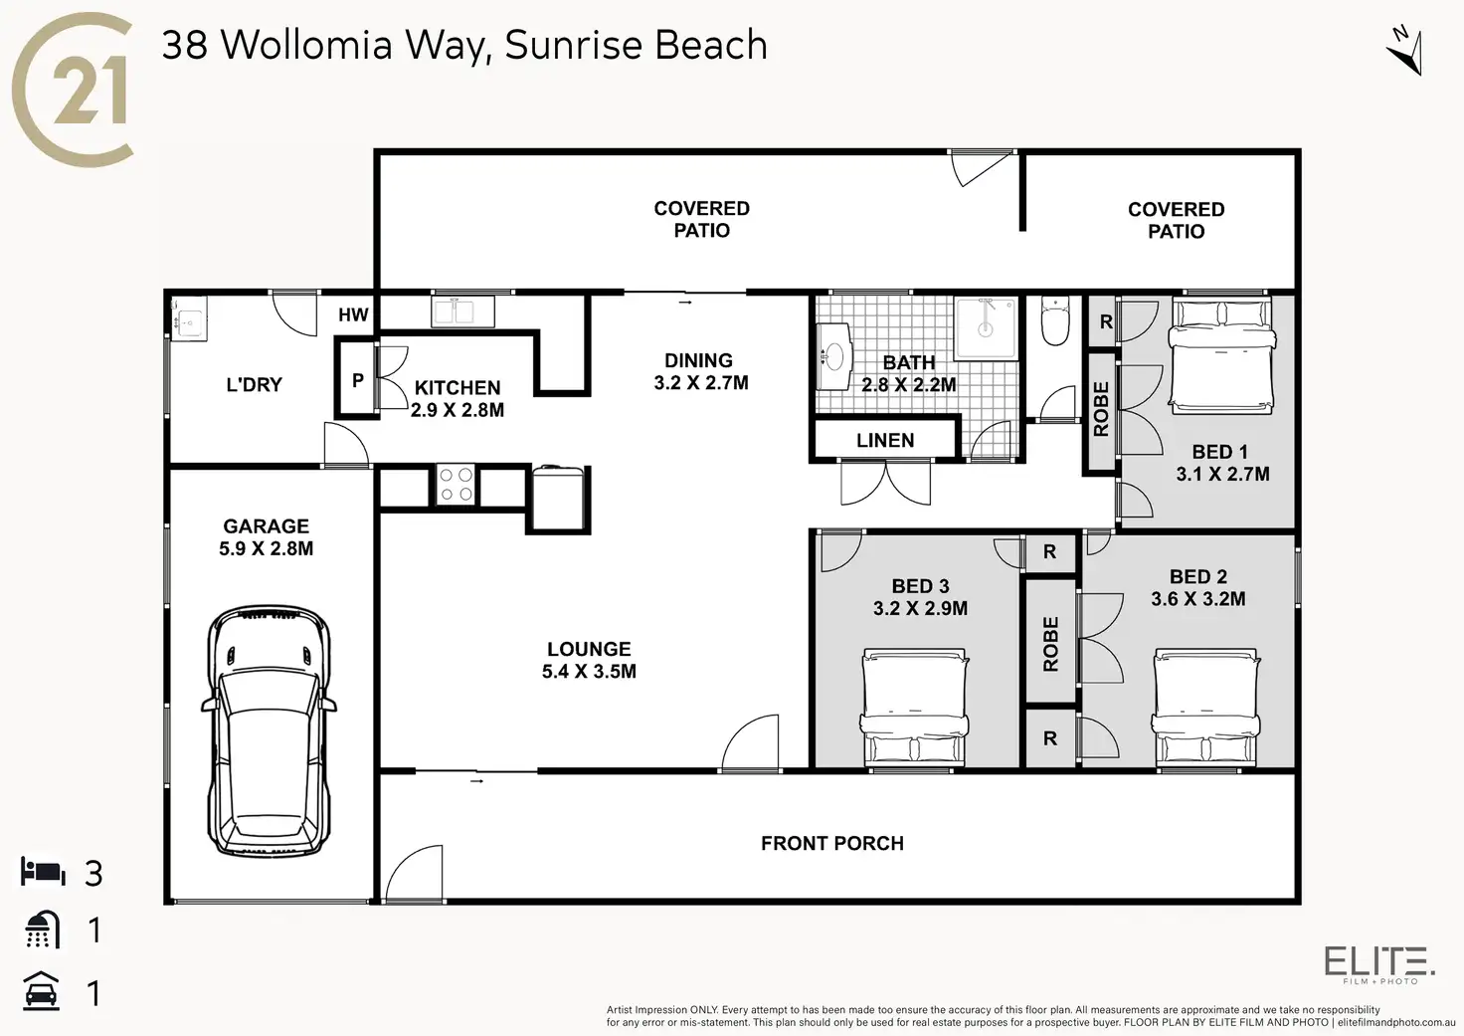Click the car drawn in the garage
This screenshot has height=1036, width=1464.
click(268, 730)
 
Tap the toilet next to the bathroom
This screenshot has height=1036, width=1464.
click(1053, 319)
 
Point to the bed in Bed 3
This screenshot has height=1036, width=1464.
click(914, 708)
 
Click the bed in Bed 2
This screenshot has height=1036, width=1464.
click(1205, 708)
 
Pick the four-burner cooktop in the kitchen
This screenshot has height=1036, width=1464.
click(457, 486)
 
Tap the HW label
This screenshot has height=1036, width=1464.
click(353, 315)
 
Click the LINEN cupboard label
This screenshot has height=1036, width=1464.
click(885, 440)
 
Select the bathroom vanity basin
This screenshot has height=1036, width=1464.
click(832, 355)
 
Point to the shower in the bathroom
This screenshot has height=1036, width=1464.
click(985, 327)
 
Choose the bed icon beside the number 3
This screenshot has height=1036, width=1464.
click(43, 872)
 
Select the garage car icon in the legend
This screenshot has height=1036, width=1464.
click(42, 991)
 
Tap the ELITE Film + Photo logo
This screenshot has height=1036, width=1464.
click(1379, 964)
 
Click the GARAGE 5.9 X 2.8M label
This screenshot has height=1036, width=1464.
click(267, 536)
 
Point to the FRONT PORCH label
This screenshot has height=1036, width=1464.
click(832, 843)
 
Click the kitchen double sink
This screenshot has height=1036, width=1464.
click(462, 311)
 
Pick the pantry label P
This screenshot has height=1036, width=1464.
click(357, 380)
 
